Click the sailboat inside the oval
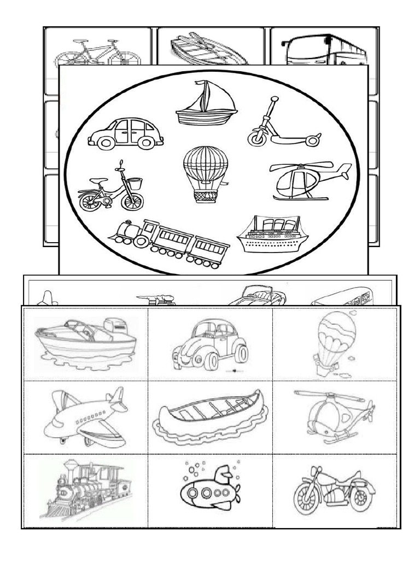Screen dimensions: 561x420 tap(206, 104)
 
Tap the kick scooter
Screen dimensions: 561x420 tap(282, 127)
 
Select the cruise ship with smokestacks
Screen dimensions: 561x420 tap(272, 234)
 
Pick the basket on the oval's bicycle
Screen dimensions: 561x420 tap(135, 183)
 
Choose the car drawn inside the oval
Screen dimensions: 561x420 tap(126, 134)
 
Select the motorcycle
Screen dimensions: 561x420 tap(334, 490)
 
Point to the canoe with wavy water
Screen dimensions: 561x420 tap(211, 417)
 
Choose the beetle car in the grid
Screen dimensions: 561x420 tap(211, 345)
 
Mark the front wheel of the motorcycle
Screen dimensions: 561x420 tap(306, 499)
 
